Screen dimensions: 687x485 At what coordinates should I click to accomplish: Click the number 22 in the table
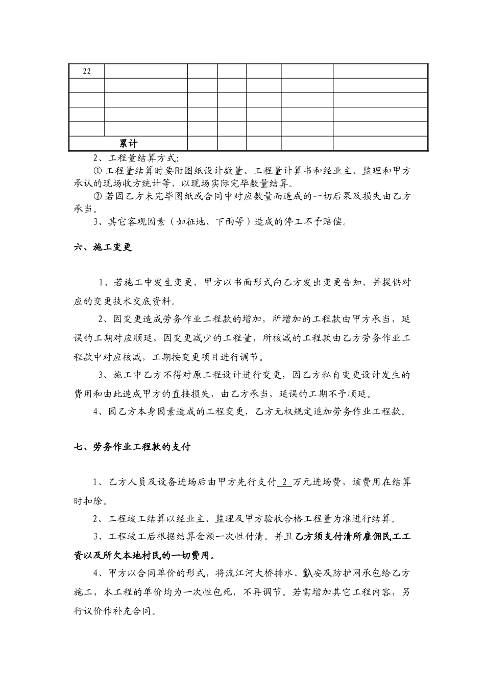(x=86, y=71)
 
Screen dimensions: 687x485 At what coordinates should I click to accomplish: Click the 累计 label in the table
(x=128, y=144)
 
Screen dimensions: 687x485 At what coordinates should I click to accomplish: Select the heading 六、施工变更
(x=103, y=247)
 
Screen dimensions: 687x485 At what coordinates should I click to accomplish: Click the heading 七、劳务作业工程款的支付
(x=132, y=447)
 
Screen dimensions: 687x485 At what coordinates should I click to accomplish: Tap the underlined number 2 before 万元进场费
(x=284, y=482)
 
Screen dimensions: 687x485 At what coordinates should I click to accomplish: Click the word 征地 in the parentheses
(x=193, y=222)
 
